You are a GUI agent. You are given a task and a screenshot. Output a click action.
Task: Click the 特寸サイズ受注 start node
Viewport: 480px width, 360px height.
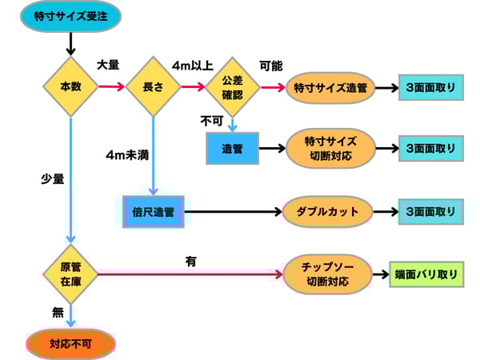point(73,15)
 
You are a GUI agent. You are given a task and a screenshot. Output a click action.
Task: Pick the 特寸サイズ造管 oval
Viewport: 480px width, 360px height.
point(330,87)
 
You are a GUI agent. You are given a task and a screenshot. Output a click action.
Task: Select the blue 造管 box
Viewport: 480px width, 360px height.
point(233,149)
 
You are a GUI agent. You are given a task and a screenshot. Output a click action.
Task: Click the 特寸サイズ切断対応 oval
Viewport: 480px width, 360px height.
point(330,149)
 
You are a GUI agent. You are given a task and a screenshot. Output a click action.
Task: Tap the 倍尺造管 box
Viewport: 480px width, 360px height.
point(153,212)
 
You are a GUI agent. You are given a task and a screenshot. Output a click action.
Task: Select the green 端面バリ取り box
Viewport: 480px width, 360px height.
point(426,274)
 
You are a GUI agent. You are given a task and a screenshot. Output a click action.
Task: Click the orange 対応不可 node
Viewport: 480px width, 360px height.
point(73,344)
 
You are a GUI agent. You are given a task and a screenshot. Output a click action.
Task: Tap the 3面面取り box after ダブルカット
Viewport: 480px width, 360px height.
point(430,212)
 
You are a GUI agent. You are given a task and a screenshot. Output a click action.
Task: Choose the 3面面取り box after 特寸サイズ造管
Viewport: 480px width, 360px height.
point(430,87)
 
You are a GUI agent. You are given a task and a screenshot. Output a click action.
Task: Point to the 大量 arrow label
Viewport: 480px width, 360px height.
point(108,64)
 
